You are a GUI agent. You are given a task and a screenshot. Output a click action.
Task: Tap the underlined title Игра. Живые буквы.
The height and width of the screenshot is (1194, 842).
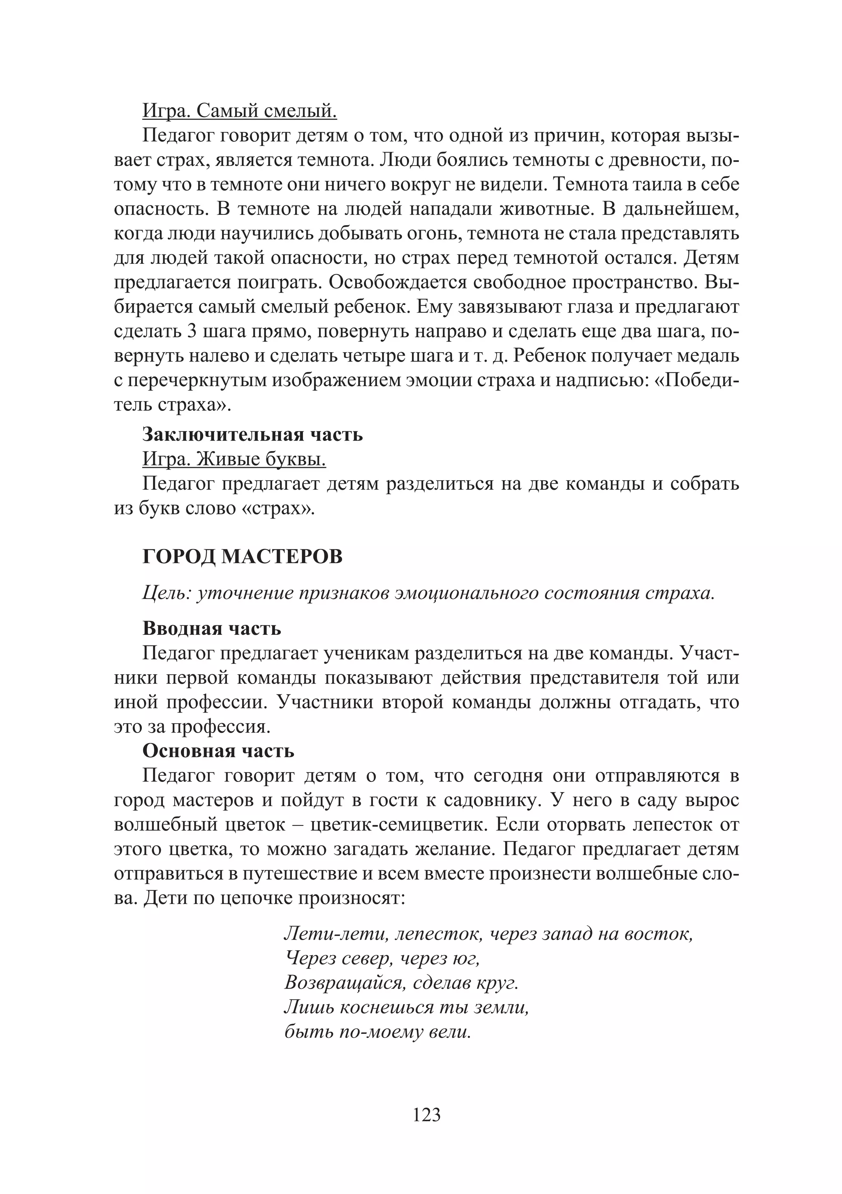(x=234, y=459)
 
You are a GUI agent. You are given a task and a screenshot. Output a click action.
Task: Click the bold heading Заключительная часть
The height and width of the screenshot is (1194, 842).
(x=252, y=434)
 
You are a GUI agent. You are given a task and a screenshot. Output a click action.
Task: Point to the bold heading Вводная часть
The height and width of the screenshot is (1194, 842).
(x=212, y=629)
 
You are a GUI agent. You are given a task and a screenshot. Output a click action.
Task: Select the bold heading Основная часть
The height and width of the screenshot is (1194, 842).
(x=218, y=751)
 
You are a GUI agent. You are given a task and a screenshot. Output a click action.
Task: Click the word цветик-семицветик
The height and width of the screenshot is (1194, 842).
(x=392, y=825)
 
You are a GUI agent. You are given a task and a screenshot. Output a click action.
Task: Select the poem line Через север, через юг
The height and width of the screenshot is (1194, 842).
(x=382, y=959)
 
